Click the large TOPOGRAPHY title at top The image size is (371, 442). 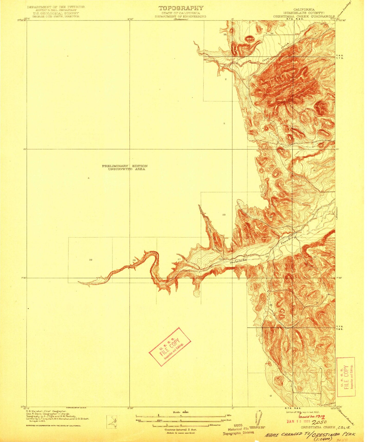(x=180, y=8)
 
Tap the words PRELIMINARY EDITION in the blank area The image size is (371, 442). (x=125, y=166)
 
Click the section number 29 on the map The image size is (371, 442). (x=90, y=260)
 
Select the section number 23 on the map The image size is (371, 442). (x=224, y=215)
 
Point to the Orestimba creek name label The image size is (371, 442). (x=238, y=261)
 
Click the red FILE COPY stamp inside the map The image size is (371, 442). (x=170, y=347)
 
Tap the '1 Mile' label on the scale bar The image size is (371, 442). (x=228, y=416)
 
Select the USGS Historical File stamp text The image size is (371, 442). (x=238, y=429)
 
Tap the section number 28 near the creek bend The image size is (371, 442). (x=134, y=260)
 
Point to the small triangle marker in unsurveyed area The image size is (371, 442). (x=89, y=178)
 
